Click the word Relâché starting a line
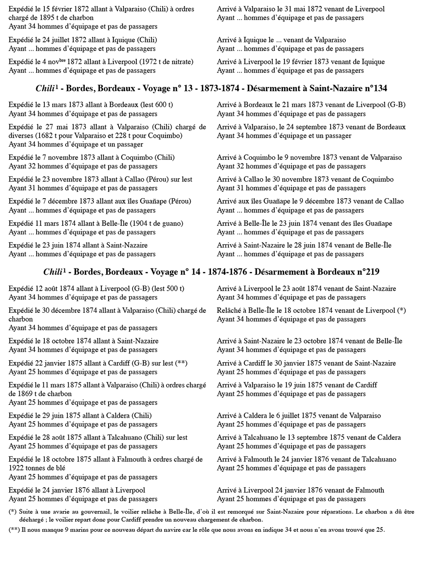coord(229,310)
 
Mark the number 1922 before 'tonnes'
coord(17,468)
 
